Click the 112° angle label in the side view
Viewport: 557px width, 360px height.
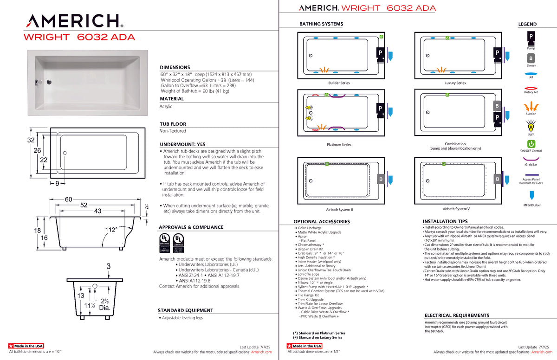coord(111,229)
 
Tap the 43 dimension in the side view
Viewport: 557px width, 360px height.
coord(98,211)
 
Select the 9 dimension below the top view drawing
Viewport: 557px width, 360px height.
coord(57,184)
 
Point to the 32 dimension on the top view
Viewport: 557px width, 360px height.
coord(31,140)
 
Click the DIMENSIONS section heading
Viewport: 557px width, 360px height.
coord(175,67)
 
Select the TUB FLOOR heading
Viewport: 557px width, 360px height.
coord(173,124)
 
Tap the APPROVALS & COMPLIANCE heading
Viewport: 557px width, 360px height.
coord(191,227)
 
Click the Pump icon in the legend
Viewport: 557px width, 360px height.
coord(531,37)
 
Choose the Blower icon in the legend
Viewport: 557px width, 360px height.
coord(531,58)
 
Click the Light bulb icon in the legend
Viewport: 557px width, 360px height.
coord(531,125)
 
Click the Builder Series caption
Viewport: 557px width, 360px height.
coord(339,83)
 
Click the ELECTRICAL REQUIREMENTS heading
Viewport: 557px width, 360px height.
coord(457,315)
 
